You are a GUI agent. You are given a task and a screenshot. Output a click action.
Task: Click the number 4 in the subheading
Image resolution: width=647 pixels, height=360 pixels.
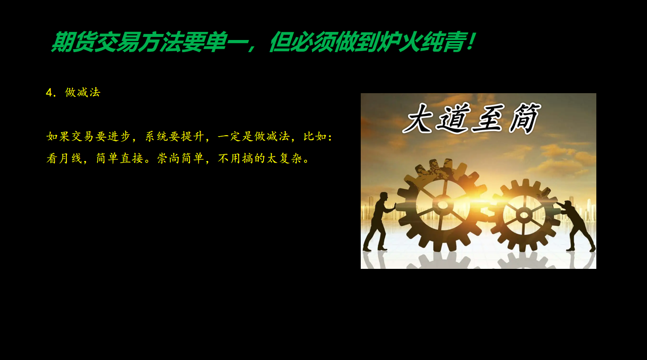coord(49,93)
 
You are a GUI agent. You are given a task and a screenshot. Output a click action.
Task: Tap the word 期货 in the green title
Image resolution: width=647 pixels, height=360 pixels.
coord(73,42)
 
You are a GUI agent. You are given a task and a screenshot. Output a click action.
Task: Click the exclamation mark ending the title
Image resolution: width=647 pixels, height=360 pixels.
coord(471,42)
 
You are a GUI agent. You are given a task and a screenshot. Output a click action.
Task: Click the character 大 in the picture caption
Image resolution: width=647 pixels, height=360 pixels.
coord(417,119)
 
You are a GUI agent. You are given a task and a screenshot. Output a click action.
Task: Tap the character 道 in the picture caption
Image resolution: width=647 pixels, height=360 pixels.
coord(452,119)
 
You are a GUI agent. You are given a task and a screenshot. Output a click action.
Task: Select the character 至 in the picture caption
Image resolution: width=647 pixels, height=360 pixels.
coord(488,119)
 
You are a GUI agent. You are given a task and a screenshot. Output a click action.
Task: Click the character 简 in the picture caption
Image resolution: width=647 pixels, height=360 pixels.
coord(524,118)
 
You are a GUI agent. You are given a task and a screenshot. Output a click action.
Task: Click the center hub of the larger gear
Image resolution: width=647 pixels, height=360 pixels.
coord(442,205)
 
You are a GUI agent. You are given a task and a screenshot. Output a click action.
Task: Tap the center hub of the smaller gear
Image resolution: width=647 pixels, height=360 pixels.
coord(524,215)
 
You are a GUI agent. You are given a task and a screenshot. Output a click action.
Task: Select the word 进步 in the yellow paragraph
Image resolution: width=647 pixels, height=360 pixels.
coord(119,136)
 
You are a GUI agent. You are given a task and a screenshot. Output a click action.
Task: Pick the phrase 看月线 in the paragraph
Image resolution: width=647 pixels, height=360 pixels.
coord(64,158)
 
